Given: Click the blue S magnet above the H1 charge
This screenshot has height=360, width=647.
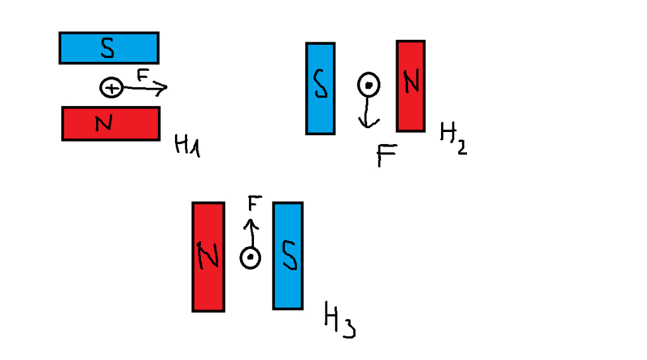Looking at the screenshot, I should click(x=109, y=48).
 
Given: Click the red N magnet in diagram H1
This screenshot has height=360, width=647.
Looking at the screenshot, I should click(x=111, y=123).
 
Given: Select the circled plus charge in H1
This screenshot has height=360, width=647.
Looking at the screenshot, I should click(x=111, y=88).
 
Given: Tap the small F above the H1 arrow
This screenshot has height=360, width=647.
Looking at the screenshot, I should click(x=143, y=75).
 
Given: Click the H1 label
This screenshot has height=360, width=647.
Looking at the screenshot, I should click(x=187, y=147).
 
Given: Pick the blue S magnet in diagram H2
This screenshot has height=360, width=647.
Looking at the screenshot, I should click(x=320, y=88).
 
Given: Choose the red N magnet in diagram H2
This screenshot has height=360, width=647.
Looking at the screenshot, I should click(x=411, y=86).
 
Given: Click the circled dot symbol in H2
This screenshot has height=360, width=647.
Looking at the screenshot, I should click(x=368, y=84).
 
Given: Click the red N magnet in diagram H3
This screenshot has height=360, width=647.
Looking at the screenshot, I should click(x=209, y=256).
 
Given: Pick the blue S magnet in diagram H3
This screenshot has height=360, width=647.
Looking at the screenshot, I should click(x=287, y=256).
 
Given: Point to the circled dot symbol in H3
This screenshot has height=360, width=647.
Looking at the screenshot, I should click(x=250, y=258).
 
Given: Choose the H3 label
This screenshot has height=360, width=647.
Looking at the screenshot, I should click(x=339, y=320).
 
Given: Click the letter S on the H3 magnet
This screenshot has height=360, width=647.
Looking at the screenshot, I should click(x=287, y=256).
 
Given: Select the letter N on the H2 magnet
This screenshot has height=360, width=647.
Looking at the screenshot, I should click(x=411, y=83).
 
